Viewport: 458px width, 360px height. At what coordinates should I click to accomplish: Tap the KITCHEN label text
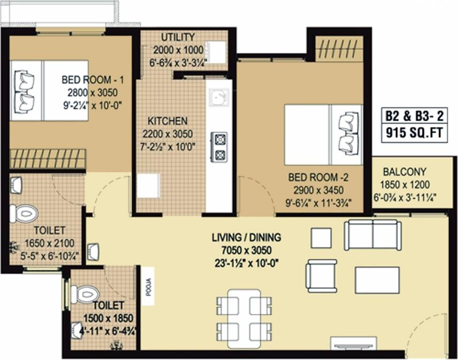pos(168,121)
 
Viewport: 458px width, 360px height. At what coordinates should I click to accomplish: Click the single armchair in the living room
pos(321,276)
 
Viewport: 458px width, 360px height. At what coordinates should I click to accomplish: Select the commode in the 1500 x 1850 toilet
pos(85,294)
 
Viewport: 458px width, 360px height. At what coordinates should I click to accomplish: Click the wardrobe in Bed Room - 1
pos(47,158)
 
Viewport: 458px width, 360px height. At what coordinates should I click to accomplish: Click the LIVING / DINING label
pos(246,238)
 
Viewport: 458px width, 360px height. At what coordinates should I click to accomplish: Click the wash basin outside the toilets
pos(93,251)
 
